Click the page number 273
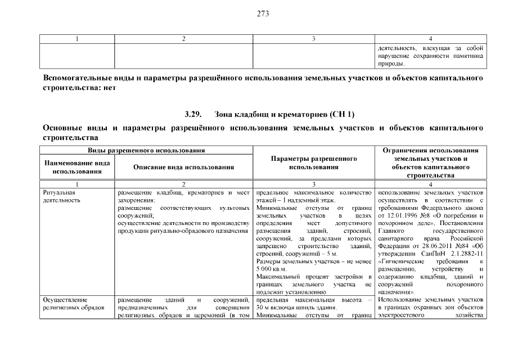point(263,15)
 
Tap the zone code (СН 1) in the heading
point(343,114)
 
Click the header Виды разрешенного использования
point(145,151)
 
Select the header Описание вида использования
point(183,166)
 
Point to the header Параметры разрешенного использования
point(313,163)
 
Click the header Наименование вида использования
point(76,166)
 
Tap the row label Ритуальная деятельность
point(59,196)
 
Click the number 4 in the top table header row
point(430,39)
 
